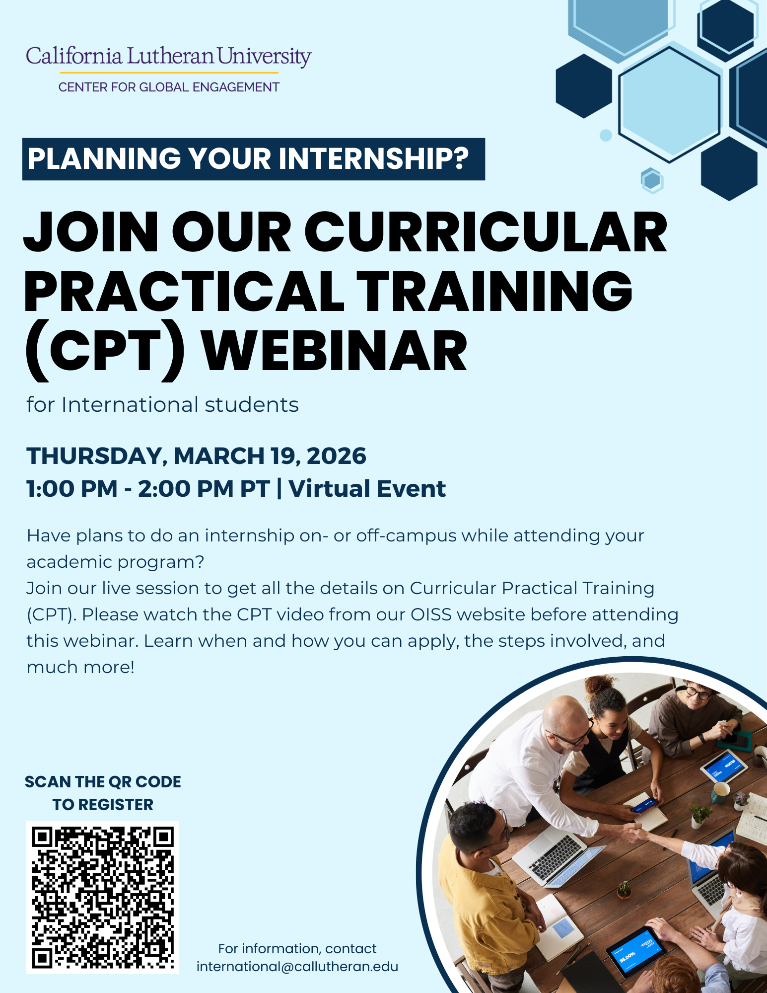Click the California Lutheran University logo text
[169, 57]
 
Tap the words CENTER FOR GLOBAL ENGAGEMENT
[169, 87]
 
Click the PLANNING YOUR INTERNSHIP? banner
[254, 159]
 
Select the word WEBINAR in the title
[335, 351]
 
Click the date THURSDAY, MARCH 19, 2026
[197, 456]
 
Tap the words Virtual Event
[367, 489]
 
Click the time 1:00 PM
[72, 489]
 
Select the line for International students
[163, 405]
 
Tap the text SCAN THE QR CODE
[103, 782]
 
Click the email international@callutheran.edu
[297, 967]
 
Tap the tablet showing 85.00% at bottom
[636, 952]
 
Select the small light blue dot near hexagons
[606, 135]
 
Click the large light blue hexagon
[670, 104]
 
